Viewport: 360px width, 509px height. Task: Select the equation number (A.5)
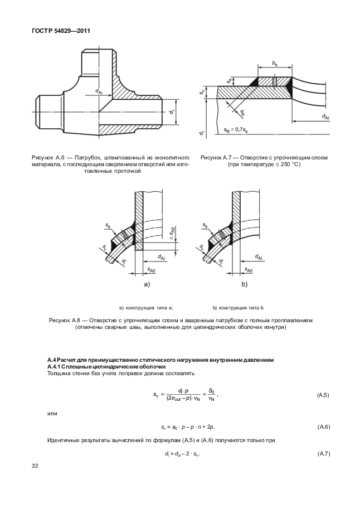point(323,395)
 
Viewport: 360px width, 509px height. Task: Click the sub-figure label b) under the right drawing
point(244,284)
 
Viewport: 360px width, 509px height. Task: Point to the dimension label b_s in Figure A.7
point(275,65)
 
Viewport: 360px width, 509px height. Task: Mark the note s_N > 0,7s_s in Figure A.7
point(236,130)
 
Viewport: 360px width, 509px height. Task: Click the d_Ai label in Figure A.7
point(325,116)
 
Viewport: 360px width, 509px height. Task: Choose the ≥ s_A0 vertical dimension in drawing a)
point(173,234)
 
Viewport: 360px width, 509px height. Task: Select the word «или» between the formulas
point(51,414)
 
